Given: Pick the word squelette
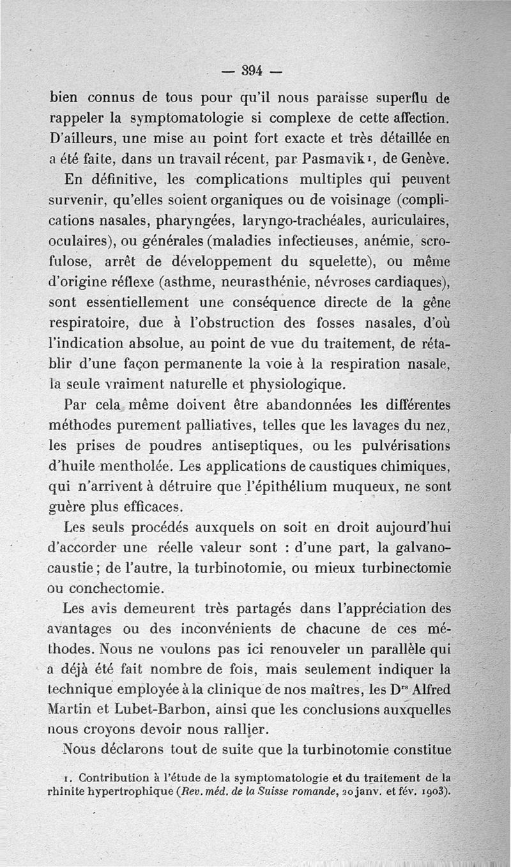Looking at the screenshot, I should [346, 261].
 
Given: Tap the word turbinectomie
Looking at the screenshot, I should [407, 568].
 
